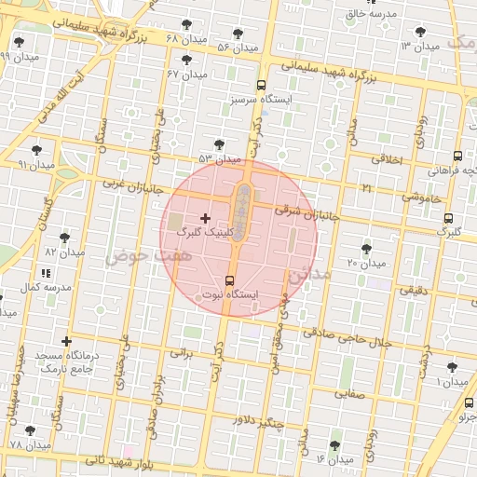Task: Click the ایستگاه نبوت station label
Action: coord(230,294)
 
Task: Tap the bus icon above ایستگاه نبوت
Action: coord(230,280)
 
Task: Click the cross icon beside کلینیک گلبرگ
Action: coord(206,218)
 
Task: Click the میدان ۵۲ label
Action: coord(220,159)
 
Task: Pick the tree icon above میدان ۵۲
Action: coord(219,144)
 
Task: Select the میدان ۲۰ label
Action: coord(366,263)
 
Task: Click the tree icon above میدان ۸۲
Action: coord(64,238)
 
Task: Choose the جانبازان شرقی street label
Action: coord(304,212)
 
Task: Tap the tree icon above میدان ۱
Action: coord(453,368)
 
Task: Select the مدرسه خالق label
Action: coord(371,14)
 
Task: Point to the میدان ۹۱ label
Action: coord(36,164)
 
